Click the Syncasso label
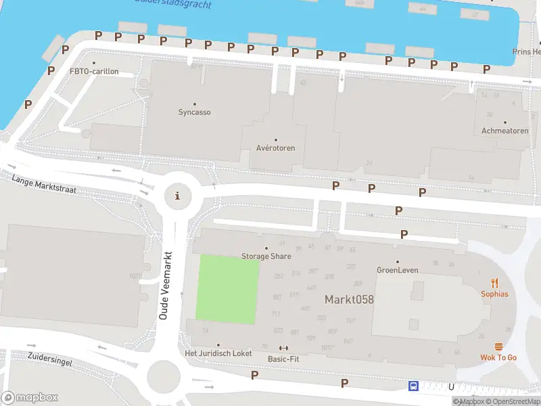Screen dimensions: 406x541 194,112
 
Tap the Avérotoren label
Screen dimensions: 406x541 275,148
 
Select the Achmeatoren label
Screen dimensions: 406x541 504,131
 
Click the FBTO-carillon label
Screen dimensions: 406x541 94,71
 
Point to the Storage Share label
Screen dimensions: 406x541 266,256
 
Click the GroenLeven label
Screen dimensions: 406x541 397,270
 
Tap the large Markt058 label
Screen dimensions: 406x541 349,299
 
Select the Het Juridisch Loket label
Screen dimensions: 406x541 218,353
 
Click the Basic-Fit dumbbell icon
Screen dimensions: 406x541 283,348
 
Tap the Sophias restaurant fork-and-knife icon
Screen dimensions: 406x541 494,283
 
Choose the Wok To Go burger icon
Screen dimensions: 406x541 498,346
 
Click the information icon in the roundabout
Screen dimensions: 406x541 178,196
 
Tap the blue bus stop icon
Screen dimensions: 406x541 413,386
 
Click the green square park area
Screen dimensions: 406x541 227,288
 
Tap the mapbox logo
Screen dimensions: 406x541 30,397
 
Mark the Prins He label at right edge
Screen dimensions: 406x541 527,52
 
